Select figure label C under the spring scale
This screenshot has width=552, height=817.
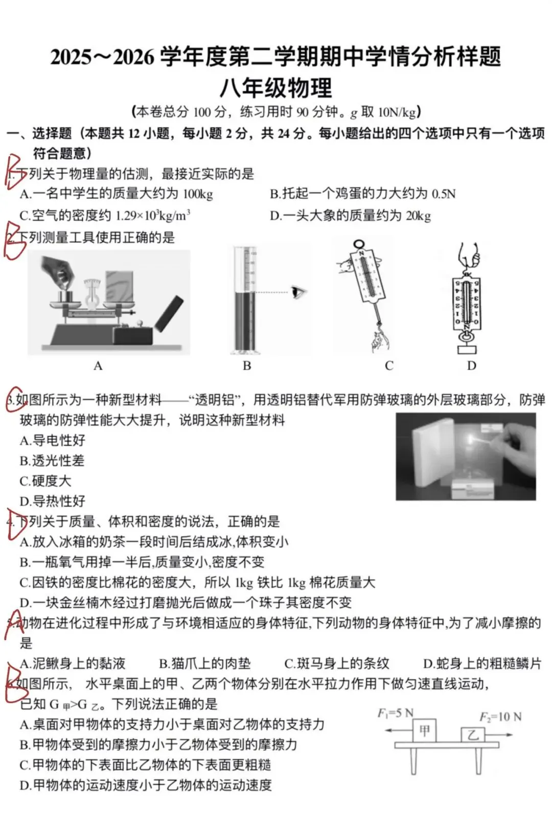(x=389, y=366)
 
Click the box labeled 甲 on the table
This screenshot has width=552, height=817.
(x=424, y=731)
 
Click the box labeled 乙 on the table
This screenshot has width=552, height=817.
(x=473, y=735)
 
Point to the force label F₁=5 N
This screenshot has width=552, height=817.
(x=395, y=713)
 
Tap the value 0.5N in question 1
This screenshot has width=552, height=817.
(x=443, y=194)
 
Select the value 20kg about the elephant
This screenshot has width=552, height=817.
(x=418, y=216)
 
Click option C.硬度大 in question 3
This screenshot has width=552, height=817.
(x=45, y=481)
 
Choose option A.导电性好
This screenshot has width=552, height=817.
(x=52, y=440)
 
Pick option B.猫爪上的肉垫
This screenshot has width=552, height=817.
(x=204, y=664)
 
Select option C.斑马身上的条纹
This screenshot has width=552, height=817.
(x=336, y=664)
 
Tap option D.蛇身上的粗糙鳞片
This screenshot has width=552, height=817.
(x=481, y=664)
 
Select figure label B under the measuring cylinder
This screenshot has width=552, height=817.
(x=247, y=366)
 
